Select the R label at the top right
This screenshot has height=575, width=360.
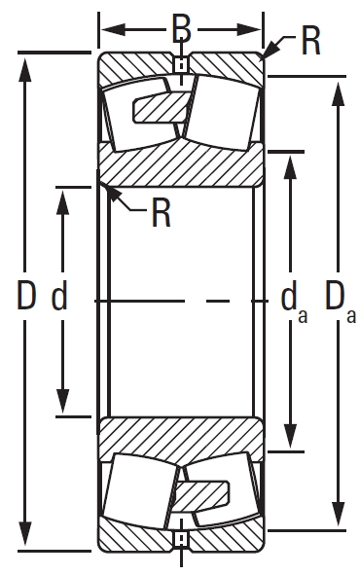click(310, 43)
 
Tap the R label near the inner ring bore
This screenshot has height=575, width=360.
click(160, 212)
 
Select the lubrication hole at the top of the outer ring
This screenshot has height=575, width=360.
click(180, 66)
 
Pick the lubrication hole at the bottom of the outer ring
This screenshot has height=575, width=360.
click(180, 537)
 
